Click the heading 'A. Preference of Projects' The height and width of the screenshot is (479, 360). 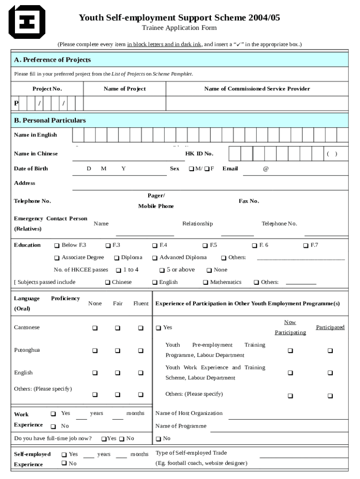pyautogui.click(x=52, y=60)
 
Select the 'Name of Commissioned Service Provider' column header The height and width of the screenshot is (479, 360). pyautogui.click(x=257, y=89)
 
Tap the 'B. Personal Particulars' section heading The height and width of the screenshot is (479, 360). pyautogui.click(x=50, y=120)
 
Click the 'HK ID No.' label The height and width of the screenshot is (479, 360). pyautogui.click(x=199, y=154)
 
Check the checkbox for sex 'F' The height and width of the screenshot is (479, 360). pyautogui.click(x=207, y=169)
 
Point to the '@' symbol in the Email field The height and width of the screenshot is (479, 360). pyautogui.click(x=266, y=169)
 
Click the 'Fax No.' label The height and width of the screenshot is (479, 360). pyautogui.click(x=249, y=201)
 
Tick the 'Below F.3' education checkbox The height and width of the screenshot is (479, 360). pyautogui.click(x=57, y=246)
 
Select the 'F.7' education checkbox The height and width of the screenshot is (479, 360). pyautogui.click(x=306, y=246)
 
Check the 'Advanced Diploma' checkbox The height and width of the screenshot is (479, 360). pyautogui.click(x=155, y=258)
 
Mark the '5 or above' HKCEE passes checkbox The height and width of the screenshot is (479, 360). pyautogui.click(x=162, y=270)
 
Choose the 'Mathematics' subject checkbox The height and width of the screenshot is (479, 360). pyautogui.click(x=205, y=283)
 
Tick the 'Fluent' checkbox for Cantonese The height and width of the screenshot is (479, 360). pyautogui.click(x=141, y=328)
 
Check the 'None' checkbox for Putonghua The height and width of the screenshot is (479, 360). pyautogui.click(x=95, y=350)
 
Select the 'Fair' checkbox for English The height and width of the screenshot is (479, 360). pyautogui.click(x=118, y=373)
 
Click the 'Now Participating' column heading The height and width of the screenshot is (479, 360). pyautogui.click(x=290, y=327)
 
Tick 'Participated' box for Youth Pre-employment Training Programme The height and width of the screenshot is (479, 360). pyautogui.click(x=330, y=350)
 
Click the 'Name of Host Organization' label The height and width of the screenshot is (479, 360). pyautogui.click(x=189, y=414)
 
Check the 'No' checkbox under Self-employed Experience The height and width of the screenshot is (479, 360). pyautogui.click(x=64, y=463)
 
